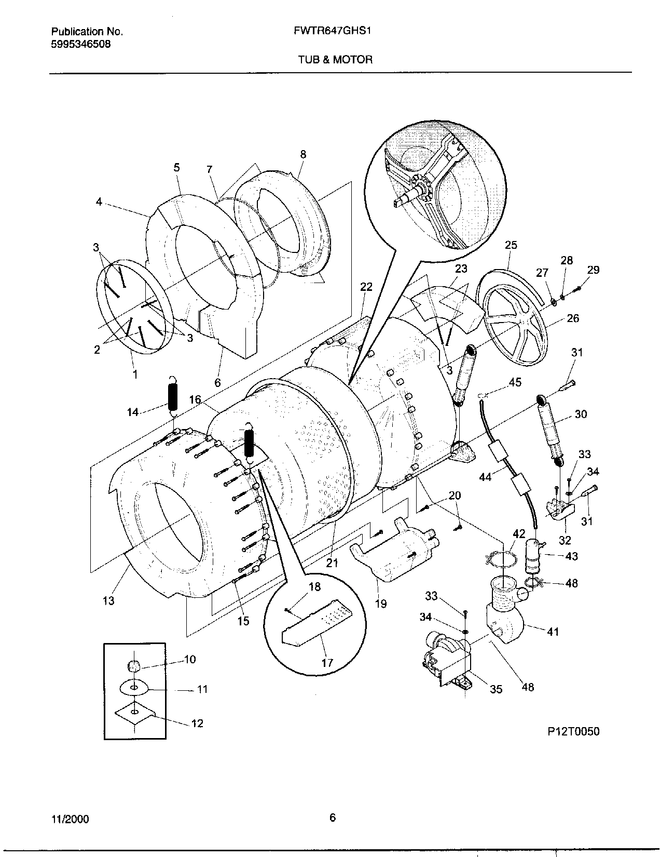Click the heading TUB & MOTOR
(x=335, y=60)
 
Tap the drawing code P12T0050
(x=573, y=731)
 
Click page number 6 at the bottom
(x=333, y=818)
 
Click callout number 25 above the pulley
(x=511, y=245)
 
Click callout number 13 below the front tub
(x=108, y=601)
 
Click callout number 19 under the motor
(x=381, y=604)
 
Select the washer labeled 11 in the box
(x=134, y=688)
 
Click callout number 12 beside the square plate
(x=197, y=723)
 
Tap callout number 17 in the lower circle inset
(x=327, y=663)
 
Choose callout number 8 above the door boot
(x=303, y=154)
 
